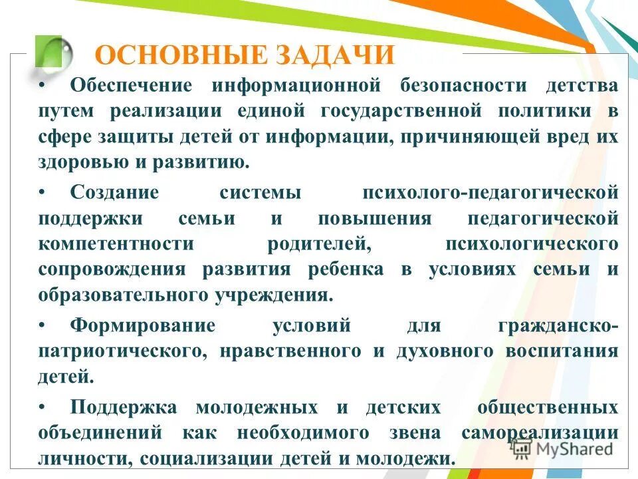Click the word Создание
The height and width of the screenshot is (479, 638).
point(114,193)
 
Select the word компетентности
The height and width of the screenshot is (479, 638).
point(116,243)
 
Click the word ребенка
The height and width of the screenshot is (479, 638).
point(346,269)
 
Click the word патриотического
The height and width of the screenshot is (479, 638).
point(124,351)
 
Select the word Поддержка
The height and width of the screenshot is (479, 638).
point(124,407)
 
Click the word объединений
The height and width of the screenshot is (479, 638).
point(100,432)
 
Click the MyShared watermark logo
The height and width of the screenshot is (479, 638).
point(562,448)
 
